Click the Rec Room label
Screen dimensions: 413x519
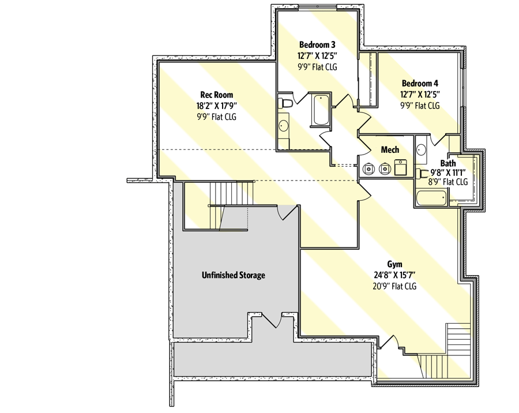coord(217,94)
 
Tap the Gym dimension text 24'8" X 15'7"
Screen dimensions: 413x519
coord(394,275)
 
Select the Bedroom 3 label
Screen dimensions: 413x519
coord(317,44)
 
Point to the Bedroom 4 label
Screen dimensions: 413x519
coord(420,82)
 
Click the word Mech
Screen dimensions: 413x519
coord(390,150)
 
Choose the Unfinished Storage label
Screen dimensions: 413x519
coord(233,275)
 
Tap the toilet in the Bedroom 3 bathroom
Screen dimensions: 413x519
coord(284,104)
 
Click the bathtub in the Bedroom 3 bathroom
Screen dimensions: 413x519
coord(320,110)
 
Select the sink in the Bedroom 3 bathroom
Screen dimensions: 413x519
coord(284,125)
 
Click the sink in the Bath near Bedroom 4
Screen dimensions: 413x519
coord(422,149)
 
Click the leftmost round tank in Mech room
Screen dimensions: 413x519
coord(368,170)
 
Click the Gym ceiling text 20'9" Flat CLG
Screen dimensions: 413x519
coord(394,286)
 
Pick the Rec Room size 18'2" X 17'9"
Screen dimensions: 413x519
coord(217,106)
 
